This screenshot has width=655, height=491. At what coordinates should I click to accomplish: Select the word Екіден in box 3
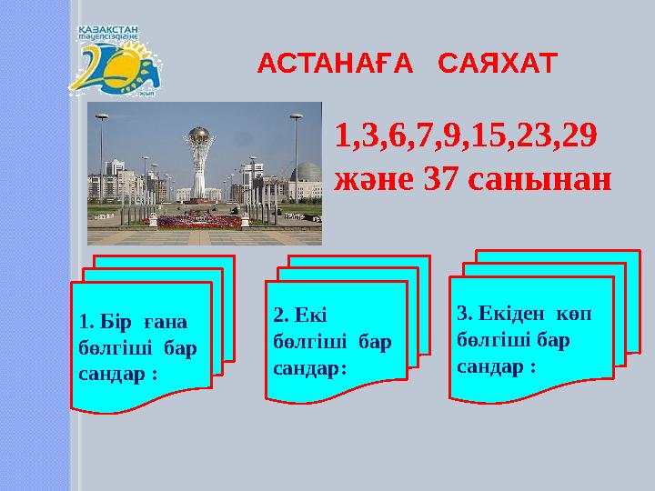501,314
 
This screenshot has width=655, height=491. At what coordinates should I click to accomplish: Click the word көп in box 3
572,314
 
